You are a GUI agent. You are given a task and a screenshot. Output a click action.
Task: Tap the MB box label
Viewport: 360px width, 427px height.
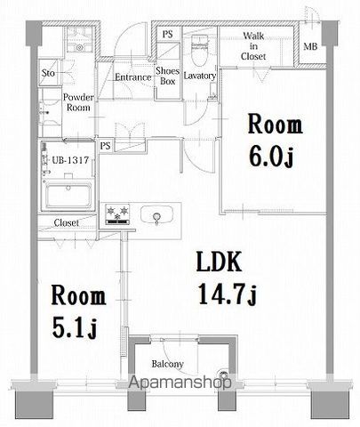pos(310,46)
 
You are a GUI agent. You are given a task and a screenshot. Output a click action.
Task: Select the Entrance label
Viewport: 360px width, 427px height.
pos(132,77)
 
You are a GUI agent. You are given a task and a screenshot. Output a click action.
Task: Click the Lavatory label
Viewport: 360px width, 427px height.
pos(200,77)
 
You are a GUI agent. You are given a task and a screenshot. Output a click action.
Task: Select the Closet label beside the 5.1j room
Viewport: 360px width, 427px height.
pos(66,222)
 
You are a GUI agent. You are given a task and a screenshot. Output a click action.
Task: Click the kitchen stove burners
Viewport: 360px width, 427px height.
pos(118,213)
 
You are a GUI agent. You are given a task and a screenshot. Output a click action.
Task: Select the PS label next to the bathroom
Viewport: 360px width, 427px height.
pos(106,145)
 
